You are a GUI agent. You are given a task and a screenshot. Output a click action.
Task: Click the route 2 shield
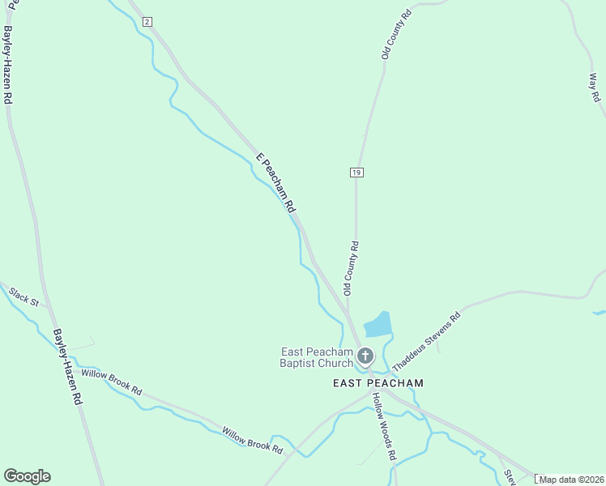point(147,22)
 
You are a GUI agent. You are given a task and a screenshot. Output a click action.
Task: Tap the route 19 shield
point(356,172)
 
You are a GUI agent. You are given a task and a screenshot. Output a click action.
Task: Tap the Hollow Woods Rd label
point(383,426)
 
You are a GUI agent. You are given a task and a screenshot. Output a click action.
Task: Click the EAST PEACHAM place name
point(378,382)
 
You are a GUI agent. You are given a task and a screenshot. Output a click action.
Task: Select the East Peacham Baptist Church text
point(317,357)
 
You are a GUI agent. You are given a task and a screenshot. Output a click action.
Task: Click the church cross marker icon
point(365,356)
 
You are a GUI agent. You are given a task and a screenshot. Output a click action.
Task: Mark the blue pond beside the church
point(378,324)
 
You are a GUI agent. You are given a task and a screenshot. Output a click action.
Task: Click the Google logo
point(27,476)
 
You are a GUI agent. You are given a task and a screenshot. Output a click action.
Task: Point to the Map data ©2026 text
point(572,480)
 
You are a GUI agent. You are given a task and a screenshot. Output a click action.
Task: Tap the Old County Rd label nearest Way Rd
point(398,34)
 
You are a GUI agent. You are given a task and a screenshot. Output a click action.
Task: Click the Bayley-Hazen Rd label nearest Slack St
point(69,366)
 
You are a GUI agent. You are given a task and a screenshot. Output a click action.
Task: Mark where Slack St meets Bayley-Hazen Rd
point(49,311)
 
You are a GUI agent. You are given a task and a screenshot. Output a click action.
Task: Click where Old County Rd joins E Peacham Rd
point(349,312)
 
